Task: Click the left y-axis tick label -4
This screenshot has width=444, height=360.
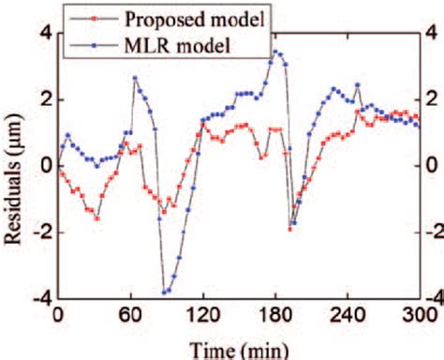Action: pos(39,299)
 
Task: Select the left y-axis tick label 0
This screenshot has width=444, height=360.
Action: pos(43,166)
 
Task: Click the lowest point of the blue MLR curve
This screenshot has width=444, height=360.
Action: pos(165,292)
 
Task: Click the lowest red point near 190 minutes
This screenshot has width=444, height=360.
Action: pos(290,229)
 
